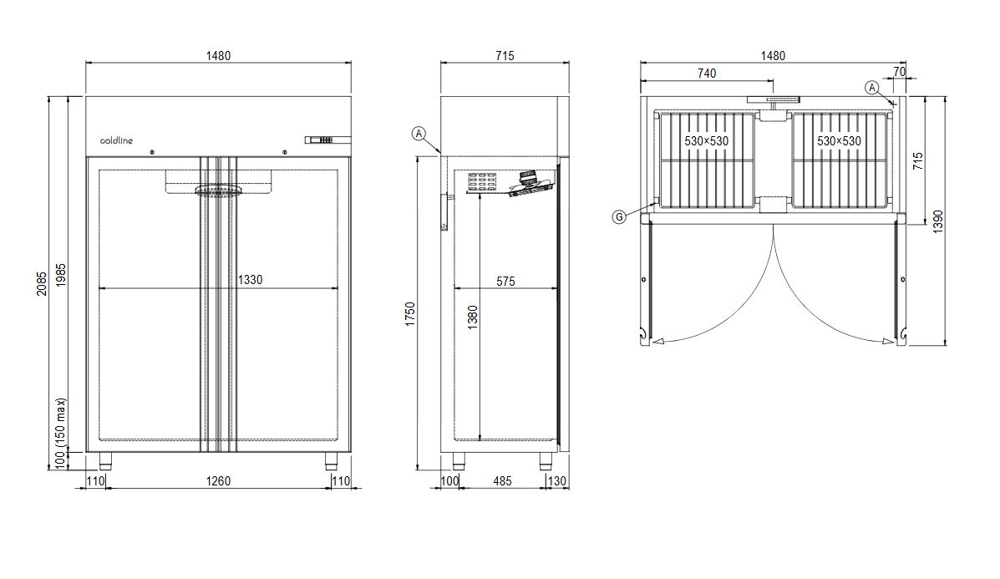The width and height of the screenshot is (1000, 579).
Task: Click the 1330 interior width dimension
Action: (x=249, y=280)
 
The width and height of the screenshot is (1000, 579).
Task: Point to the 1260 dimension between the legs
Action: (x=218, y=480)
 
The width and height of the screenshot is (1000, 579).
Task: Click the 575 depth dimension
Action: (x=505, y=282)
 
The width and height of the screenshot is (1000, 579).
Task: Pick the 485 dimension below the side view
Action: (x=503, y=480)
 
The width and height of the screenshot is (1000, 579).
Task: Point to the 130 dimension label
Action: (x=557, y=480)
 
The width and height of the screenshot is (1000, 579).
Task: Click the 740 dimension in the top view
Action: (x=707, y=74)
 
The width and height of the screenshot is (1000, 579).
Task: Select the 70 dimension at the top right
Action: (x=899, y=73)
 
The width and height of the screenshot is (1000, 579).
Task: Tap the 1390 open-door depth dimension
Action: (x=938, y=221)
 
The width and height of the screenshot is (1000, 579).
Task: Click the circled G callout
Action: (x=619, y=217)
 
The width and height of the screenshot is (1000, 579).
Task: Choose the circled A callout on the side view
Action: (x=419, y=133)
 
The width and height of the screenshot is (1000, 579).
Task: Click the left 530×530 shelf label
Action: (x=707, y=141)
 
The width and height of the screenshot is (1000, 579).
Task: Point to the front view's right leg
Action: (x=332, y=460)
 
